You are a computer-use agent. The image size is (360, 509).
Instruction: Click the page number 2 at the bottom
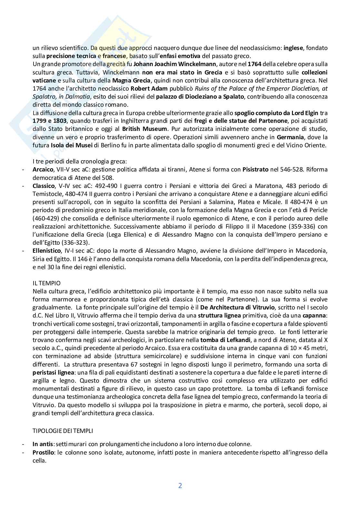(x=180, y=485)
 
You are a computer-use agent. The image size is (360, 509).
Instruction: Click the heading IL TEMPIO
(x=46, y=283)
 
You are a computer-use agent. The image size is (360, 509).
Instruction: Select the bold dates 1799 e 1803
(x=49, y=121)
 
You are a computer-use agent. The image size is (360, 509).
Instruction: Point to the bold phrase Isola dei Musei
(x=71, y=145)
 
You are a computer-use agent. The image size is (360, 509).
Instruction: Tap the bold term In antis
(x=42, y=444)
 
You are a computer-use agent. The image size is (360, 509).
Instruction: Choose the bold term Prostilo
(x=43, y=452)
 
